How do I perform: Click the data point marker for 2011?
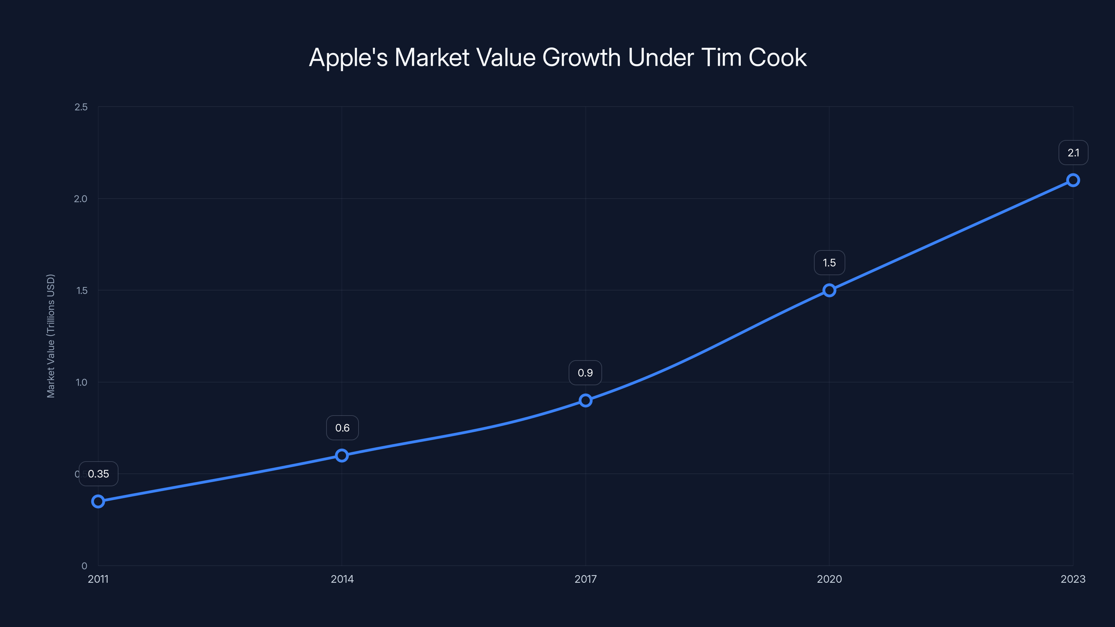(x=98, y=502)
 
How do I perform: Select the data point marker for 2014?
(x=342, y=455)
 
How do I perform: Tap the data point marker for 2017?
(x=586, y=400)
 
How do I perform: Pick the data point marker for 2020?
(x=829, y=291)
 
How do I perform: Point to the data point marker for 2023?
(x=1073, y=180)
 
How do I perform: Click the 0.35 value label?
(x=98, y=474)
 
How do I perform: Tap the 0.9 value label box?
(x=585, y=373)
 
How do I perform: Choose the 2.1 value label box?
(x=1073, y=153)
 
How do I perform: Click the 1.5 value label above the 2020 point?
(x=829, y=263)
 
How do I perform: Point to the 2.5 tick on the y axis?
(x=81, y=107)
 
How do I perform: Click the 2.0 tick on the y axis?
(x=80, y=199)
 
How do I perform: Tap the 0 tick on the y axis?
(x=84, y=566)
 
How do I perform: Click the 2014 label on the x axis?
(x=342, y=579)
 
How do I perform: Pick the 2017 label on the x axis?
(x=586, y=579)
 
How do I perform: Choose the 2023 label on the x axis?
(x=1073, y=579)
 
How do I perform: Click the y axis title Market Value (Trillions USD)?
(x=51, y=336)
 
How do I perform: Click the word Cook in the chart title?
(x=777, y=57)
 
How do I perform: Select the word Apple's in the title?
(x=348, y=57)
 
